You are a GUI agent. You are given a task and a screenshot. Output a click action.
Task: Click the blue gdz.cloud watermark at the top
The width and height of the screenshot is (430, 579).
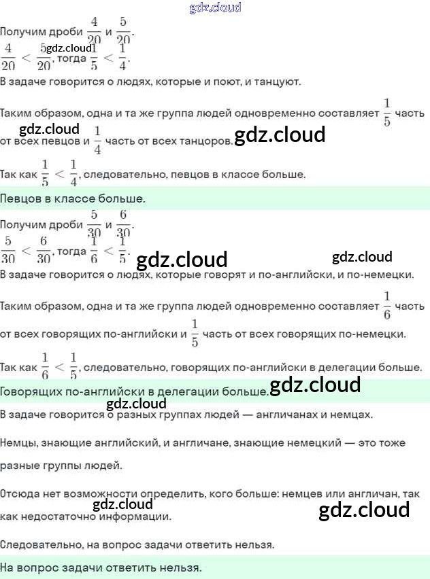point(215,8)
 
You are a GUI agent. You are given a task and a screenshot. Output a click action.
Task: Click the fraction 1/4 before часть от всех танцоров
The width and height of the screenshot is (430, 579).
point(97,139)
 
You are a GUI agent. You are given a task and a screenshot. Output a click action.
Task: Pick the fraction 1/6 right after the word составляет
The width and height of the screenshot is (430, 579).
point(387,304)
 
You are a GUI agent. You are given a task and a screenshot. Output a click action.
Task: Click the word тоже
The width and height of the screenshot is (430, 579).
point(388,442)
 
